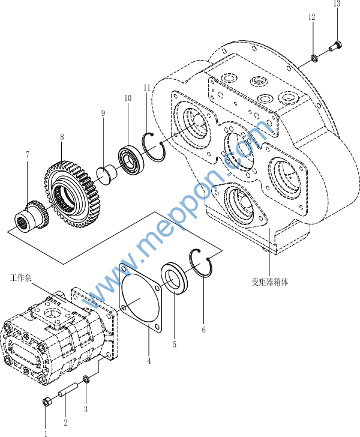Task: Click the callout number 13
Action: pyautogui.click(x=337, y=4)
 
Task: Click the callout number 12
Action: pyautogui.click(x=311, y=17)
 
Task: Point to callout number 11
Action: pyautogui.click(x=147, y=88)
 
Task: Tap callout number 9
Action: pyautogui.click(x=103, y=113)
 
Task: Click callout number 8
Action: pyautogui.click(x=61, y=137)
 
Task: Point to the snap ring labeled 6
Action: pyautogui.click(x=202, y=264)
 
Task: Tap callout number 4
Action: pyautogui.click(x=149, y=361)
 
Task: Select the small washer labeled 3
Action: pyautogui.click(x=86, y=379)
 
